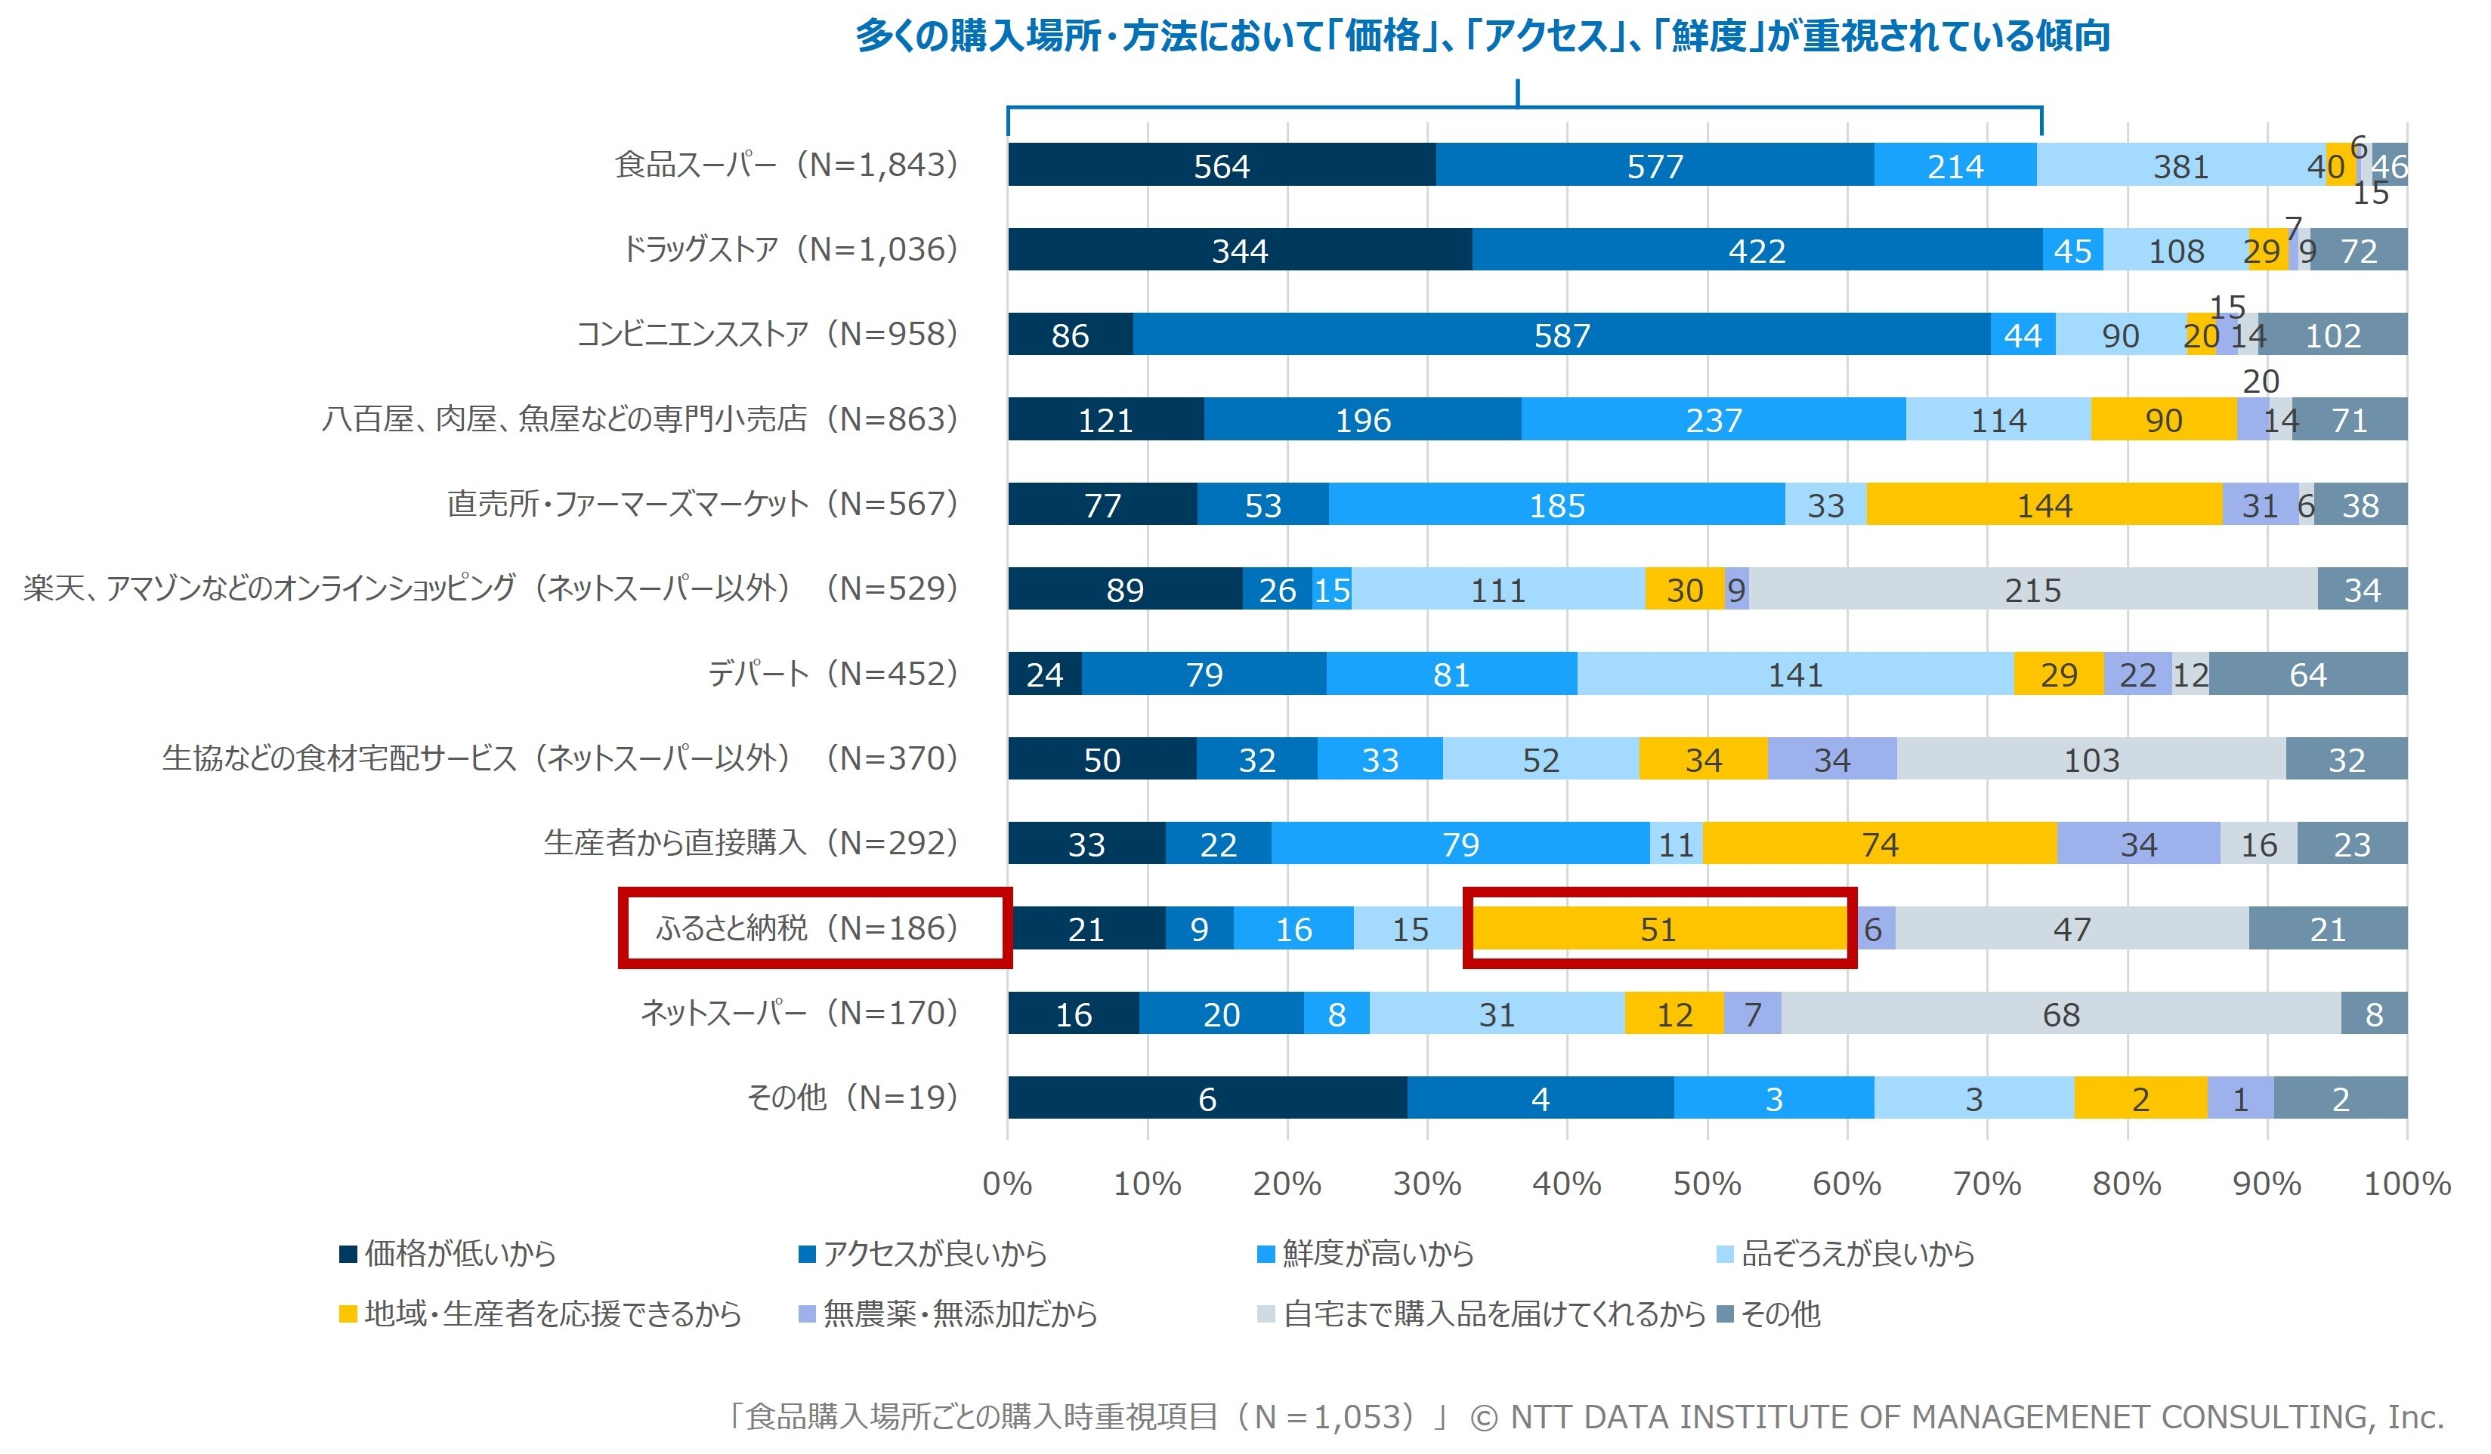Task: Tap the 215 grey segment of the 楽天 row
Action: [x=2032, y=590]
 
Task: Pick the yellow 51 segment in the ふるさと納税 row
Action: [x=1658, y=929]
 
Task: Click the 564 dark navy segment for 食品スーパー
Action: [x=1222, y=165]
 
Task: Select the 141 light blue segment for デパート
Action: [x=1795, y=674]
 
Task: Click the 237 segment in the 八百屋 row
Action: [x=1713, y=420]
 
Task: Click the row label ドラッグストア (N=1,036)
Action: [x=790, y=249]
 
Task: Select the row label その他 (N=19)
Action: [x=851, y=1097]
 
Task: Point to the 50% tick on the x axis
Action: [x=1707, y=1183]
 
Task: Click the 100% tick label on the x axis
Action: [x=2406, y=1183]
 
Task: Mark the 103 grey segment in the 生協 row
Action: [x=2091, y=759]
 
